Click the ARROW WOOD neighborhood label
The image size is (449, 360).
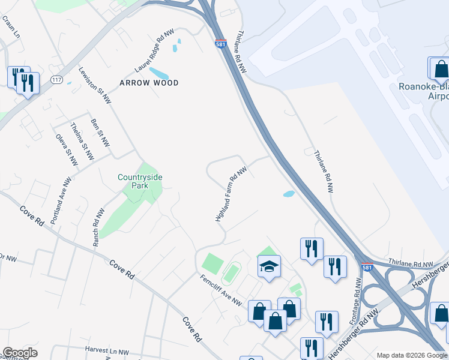[x=149, y=83]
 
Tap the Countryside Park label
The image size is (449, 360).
[x=140, y=181]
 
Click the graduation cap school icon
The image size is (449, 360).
[x=270, y=266]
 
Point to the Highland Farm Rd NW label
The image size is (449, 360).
[x=231, y=194]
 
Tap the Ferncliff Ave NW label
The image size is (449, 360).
[x=221, y=288]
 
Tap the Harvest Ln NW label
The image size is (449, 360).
[x=107, y=352]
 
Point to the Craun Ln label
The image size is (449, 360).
[x=11, y=27]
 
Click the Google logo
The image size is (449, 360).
[x=20, y=353]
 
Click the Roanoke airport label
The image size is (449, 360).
[x=424, y=91]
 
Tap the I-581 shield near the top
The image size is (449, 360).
[x=220, y=44]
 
